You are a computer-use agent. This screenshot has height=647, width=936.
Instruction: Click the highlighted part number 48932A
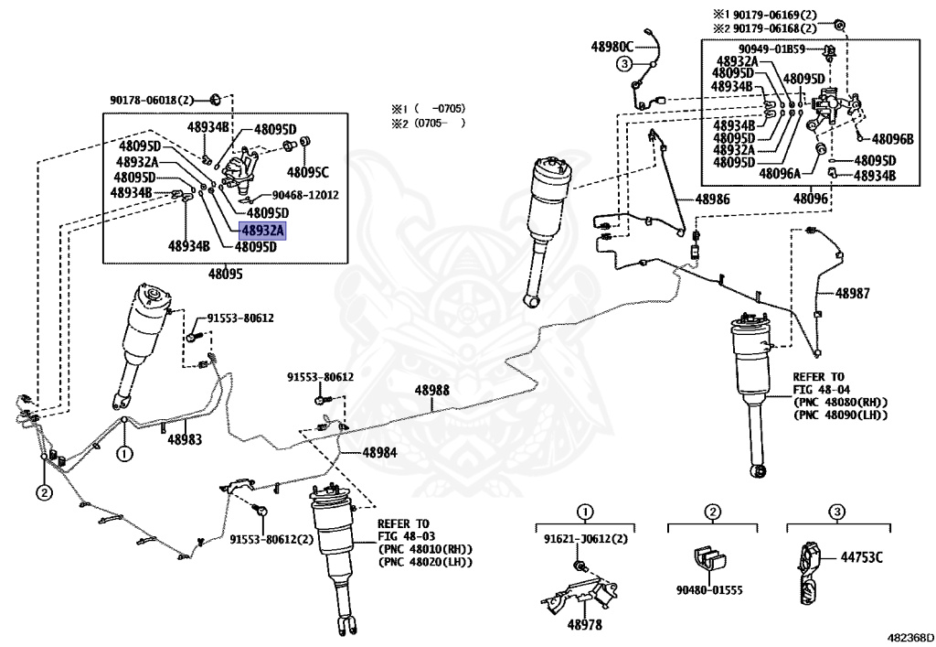(x=262, y=231)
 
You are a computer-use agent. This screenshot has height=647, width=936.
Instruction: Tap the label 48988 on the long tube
(x=432, y=390)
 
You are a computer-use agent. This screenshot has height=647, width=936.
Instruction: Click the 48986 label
(x=712, y=199)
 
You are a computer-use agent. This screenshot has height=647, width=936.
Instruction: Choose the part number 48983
(x=185, y=439)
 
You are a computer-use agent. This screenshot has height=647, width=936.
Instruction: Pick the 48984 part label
(x=379, y=452)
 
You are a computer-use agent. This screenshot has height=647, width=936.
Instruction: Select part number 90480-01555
(x=710, y=590)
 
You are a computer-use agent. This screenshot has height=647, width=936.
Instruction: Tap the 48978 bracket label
(x=584, y=624)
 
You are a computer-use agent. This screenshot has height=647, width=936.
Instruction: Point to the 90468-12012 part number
(x=306, y=195)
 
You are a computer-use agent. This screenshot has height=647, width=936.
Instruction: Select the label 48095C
(x=307, y=171)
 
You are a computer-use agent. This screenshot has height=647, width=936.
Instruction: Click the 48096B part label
(x=891, y=139)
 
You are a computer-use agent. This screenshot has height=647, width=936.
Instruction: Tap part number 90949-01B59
(x=772, y=49)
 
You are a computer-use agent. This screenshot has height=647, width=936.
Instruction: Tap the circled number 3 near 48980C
(x=623, y=64)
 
